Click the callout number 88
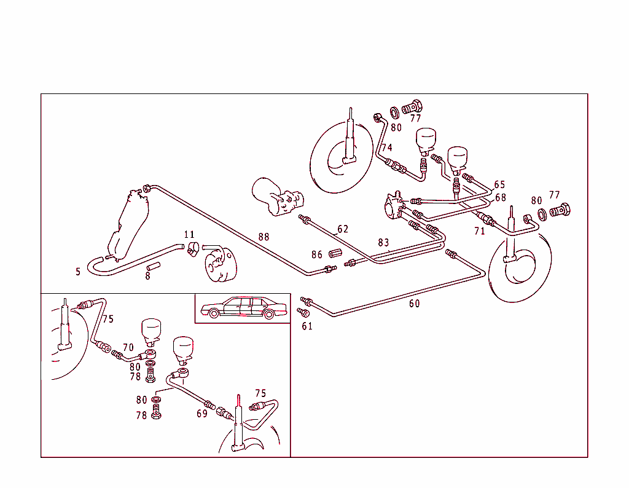pos(264,237)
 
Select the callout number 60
pos(415,304)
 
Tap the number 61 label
pos(307,326)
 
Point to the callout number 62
pos(343,229)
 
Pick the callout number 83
pos(383,243)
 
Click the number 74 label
pos(386,148)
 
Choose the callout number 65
pos(499,185)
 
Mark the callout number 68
pos(501,197)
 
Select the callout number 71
pos(480,231)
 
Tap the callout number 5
pos(78,272)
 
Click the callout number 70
pos(128,347)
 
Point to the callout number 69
pos(202,414)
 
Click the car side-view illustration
pos(242,308)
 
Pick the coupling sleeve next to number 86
pos(335,253)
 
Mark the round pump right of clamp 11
pos(219,265)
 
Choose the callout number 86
pos(316,254)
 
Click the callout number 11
pos(189,235)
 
